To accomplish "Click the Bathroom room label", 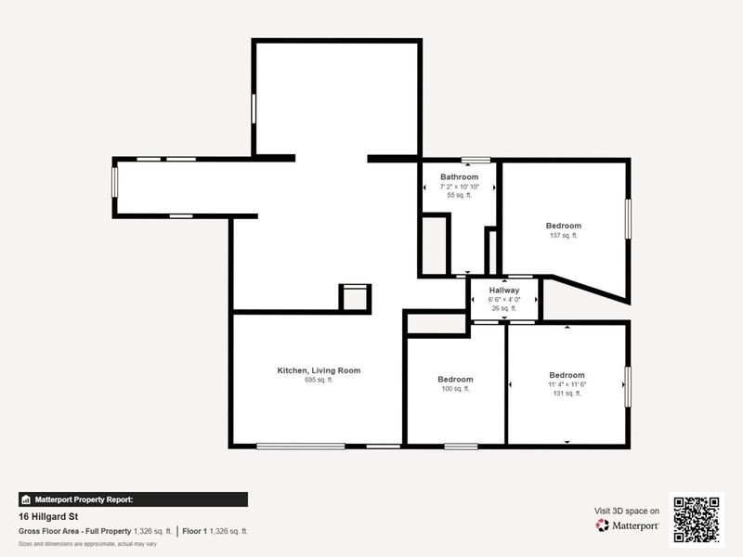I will tap(459, 177).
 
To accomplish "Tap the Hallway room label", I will tap(504, 291).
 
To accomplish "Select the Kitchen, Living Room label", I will tap(319, 370).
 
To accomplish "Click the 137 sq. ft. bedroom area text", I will tap(563, 236).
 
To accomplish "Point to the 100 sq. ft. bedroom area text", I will tap(455, 389).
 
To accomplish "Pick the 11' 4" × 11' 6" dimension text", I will tap(567, 384).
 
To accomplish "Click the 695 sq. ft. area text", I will tap(319, 380).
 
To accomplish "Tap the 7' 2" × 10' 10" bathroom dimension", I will tap(459, 187).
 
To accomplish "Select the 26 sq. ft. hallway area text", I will tap(504, 308).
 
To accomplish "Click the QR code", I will tap(697, 520).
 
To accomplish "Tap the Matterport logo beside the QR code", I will tap(628, 525).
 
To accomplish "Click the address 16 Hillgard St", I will tap(47, 515).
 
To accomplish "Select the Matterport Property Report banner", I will tap(133, 499).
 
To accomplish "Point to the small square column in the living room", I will tap(355, 297).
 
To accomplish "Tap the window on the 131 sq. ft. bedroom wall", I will tap(629, 386).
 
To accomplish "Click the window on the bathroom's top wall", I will tap(476, 160).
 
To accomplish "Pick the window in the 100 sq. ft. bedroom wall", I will tap(461, 447).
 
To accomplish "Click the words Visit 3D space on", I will tap(627, 511).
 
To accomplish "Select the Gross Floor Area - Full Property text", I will tap(74, 531).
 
